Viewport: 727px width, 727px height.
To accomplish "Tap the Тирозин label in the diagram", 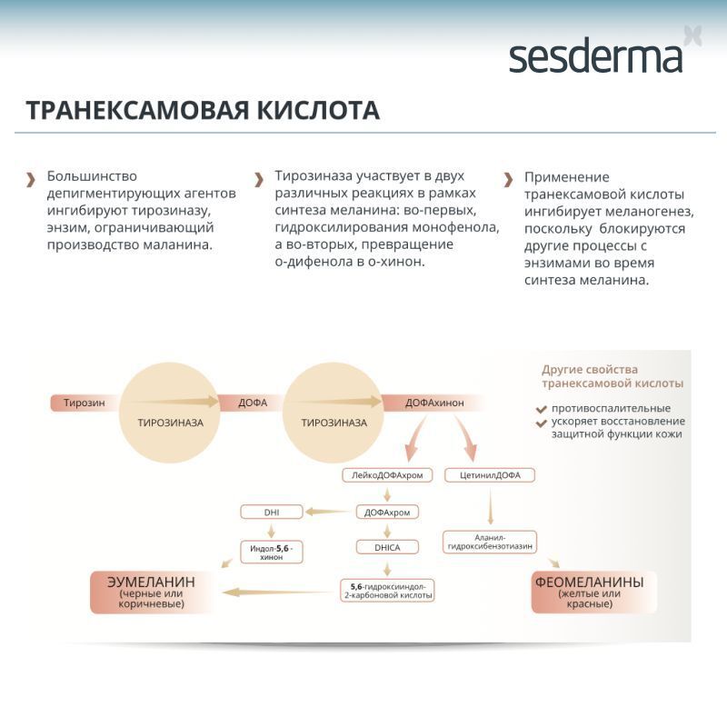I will click(x=82, y=403).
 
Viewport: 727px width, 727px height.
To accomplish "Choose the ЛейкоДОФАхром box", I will click(x=387, y=474).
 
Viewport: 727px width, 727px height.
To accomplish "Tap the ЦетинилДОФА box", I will click(x=490, y=474).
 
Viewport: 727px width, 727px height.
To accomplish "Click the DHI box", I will click(x=271, y=512).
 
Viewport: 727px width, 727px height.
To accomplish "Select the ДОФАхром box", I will click(x=387, y=512).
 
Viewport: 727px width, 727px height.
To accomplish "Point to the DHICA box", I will click(x=387, y=547).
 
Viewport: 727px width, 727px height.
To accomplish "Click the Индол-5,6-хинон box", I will click(x=271, y=551).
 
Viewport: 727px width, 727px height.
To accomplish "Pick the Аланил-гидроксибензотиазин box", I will click(x=489, y=543).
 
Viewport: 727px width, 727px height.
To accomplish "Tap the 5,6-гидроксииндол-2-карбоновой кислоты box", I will click(x=387, y=591).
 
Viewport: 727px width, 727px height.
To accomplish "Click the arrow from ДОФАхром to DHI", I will click(x=327, y=512).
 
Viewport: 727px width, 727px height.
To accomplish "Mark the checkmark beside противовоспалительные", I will click(x=541, y=409).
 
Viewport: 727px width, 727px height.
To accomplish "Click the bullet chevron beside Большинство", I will click(x=31, y=178).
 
